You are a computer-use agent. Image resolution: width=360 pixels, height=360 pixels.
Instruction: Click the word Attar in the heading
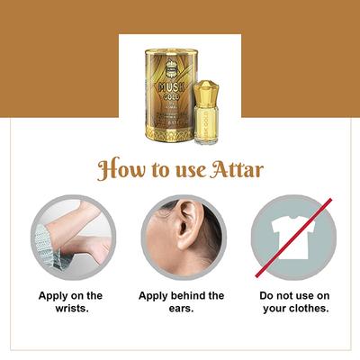pos(236,170)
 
